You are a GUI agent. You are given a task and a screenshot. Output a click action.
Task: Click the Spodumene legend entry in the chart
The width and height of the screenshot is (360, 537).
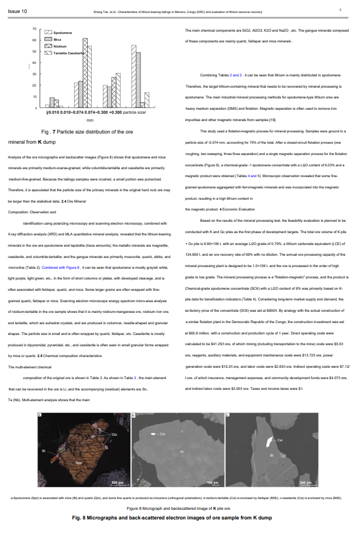point(63,34)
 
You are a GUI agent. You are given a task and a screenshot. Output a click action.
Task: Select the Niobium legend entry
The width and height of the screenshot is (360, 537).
point(61,46)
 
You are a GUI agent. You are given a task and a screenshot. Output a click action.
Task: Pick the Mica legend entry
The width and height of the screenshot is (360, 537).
point(57,40)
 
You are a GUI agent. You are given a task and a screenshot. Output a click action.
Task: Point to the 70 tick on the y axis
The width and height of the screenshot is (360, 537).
point(33,28)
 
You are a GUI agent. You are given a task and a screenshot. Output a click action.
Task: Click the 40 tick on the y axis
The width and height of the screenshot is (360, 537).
point(33,63)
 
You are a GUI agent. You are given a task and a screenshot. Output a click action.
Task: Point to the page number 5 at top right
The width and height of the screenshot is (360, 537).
point(340,10)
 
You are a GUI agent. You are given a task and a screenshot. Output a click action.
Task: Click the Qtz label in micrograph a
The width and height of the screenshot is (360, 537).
point(114,435)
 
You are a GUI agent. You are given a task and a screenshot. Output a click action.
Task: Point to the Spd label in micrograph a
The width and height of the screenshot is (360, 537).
point(79,463)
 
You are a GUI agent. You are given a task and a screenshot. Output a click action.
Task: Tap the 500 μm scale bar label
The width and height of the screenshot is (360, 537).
point(116,482)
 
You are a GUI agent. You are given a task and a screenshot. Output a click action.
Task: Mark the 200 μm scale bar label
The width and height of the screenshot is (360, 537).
point(305,482)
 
